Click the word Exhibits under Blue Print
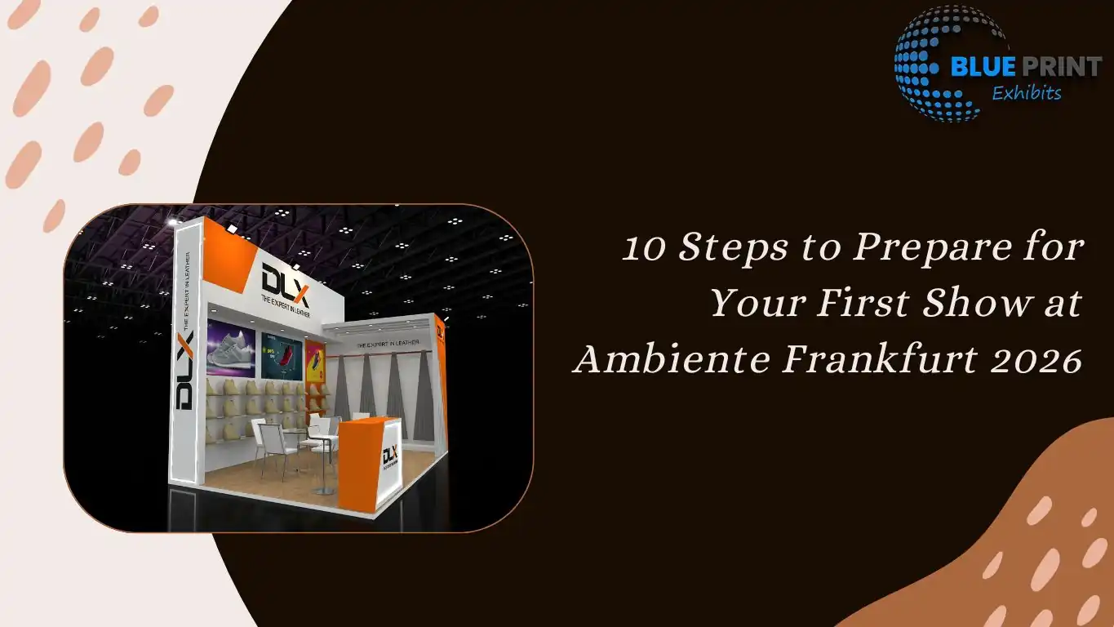click(1026, 93)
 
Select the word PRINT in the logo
click(1061, 67)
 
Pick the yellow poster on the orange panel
click(316, 360)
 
